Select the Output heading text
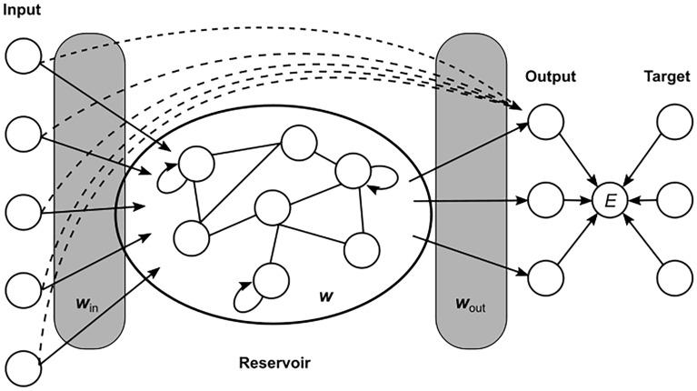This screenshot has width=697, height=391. coord(551,76)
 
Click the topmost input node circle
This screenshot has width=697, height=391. coord(23,56)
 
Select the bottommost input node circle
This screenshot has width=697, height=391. coord(23,371)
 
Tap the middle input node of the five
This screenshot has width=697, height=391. coord(23,213)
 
